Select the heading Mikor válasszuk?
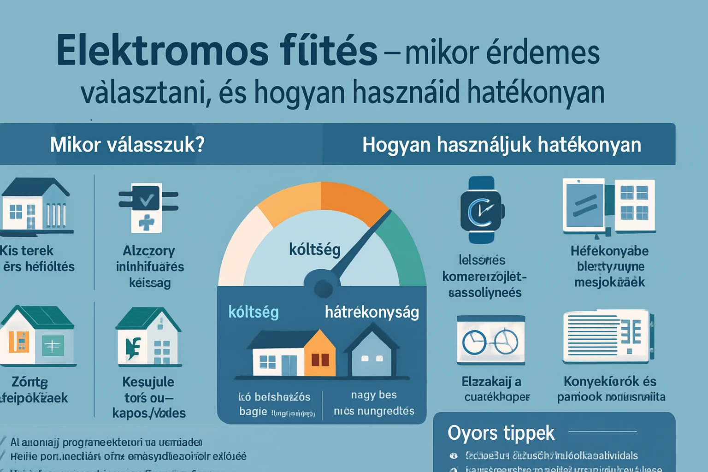127,145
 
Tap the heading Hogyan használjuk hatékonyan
501,145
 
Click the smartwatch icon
482,210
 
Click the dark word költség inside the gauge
314,249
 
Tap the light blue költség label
254,312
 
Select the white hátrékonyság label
372,312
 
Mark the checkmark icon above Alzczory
147,199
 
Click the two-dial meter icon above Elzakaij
490,340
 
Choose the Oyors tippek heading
501,433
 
